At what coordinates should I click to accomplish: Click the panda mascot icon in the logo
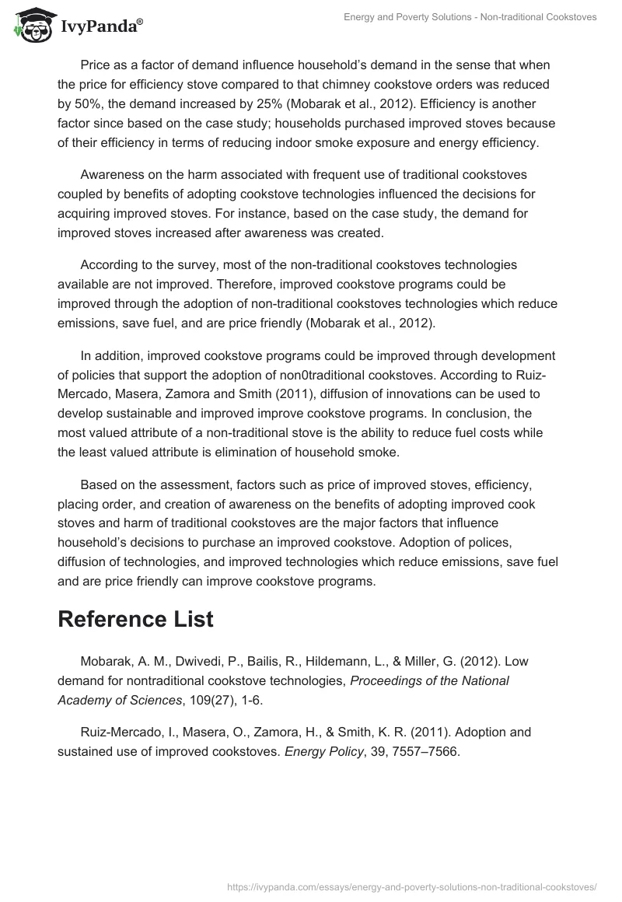29,24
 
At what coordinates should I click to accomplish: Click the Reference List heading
135,619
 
